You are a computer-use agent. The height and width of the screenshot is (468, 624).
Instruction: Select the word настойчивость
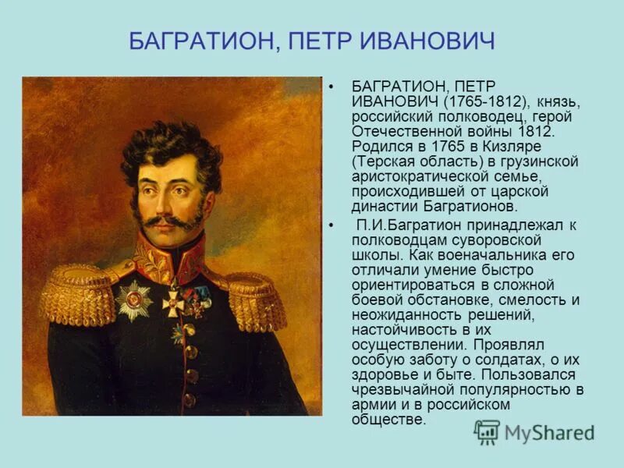point(400,331)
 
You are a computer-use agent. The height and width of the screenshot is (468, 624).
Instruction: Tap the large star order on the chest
point(134,300)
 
